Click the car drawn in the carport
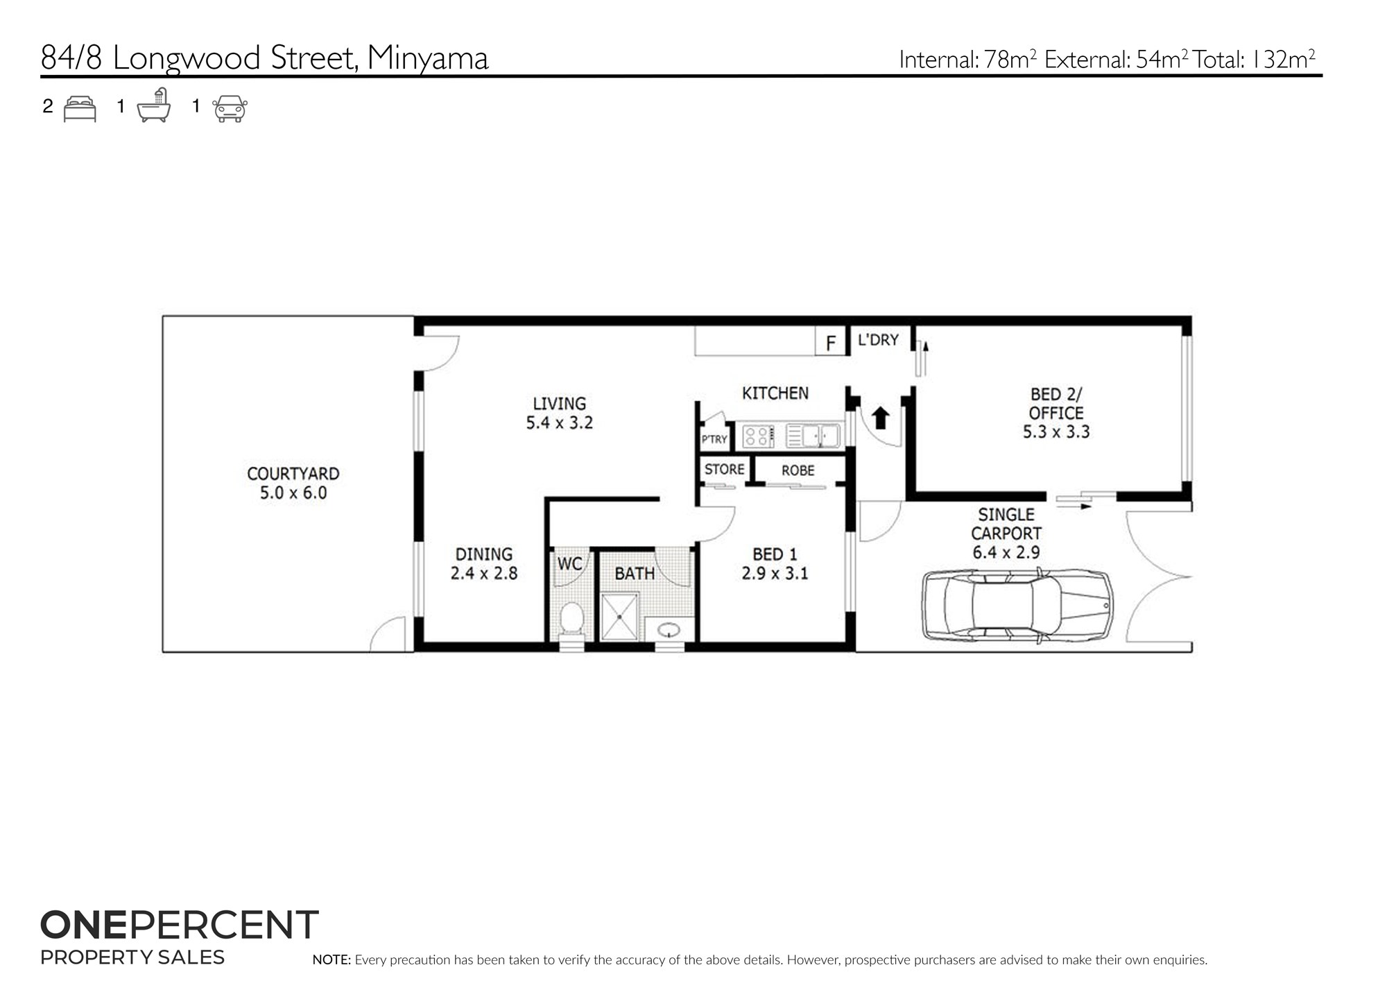(x=1017, y=605)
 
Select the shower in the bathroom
(x=621, y=616)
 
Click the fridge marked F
(x=831, y=341)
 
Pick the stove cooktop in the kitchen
(x=758, y=436)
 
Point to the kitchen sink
(x=813, y=436)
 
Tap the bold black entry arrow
(x=881, y=418)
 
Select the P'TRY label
(x=714, y=439)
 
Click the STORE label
(x=724, y=469)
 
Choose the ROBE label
(x=798, y=470)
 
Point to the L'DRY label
(x=878, y=340)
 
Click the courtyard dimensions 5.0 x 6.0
(x=293, y=493)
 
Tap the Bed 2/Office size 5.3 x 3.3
(x=1056, y=432)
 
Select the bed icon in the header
(x=80, y=109)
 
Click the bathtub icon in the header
(x=154, y=105)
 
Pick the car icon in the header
(x=230, y=109)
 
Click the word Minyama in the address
(x=428, y=58)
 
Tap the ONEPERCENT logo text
(x=180, y=925)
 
